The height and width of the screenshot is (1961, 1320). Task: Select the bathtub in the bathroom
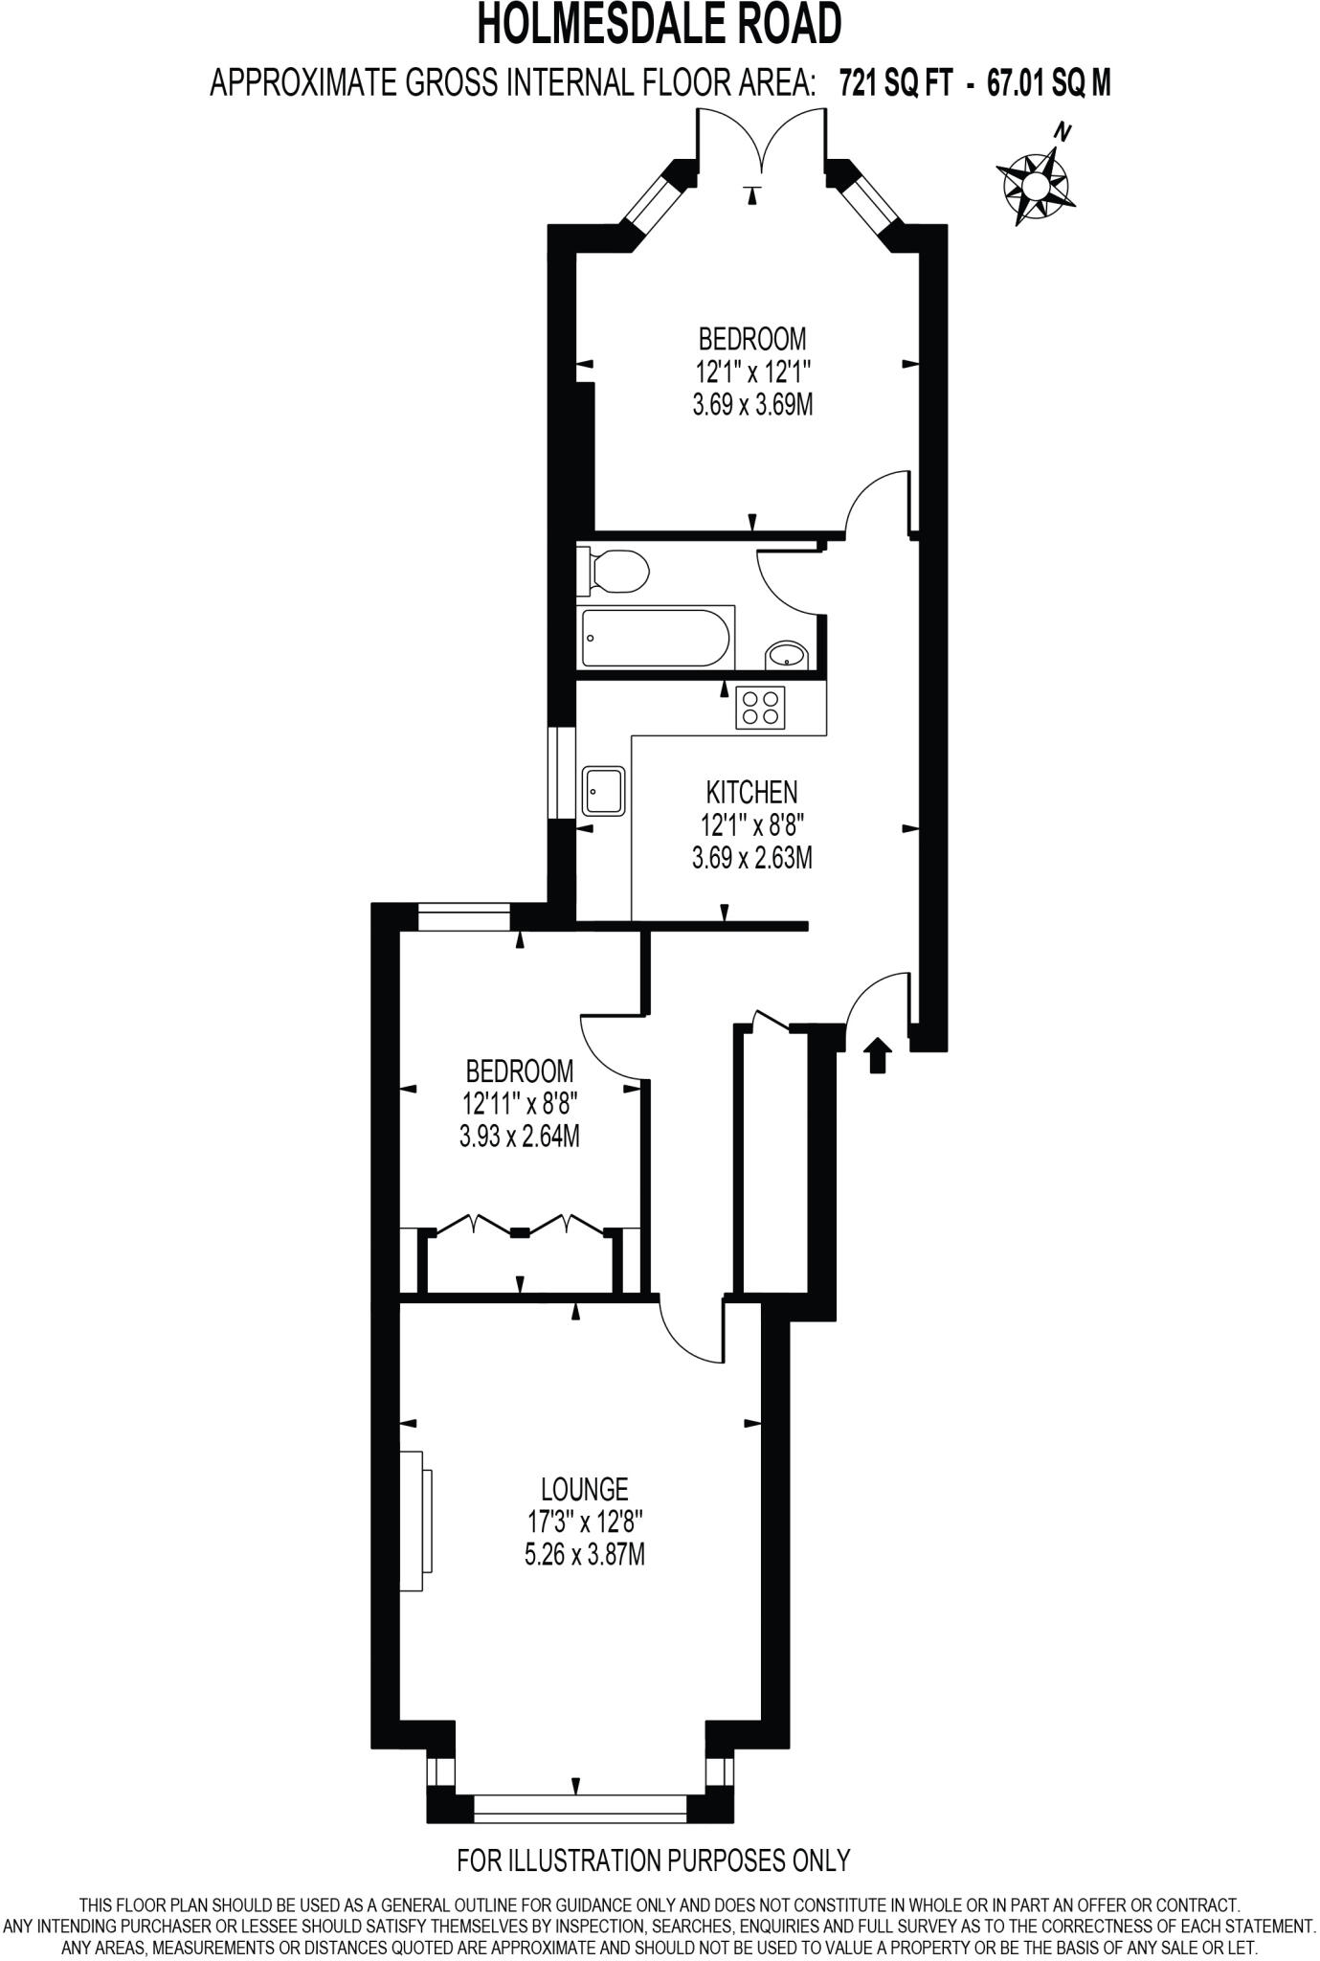[x=657, y=637]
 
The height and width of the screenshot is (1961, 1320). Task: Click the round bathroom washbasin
[x=787, y=656]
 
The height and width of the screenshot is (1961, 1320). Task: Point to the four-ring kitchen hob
[x=760, y=708]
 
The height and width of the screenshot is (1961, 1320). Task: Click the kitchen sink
[x=603, y=791]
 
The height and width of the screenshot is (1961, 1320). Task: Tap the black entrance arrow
[x=878, y=1056]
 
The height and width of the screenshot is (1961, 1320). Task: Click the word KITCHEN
[x=751, y=792]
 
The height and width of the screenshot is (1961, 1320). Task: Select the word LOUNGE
[x=584, y=1489]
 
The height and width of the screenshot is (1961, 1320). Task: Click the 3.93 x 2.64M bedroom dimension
[x=520, y=1137]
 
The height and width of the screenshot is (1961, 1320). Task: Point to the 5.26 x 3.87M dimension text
[x=584, y=1554]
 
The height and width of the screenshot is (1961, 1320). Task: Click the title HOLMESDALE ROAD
[x=660, y=26]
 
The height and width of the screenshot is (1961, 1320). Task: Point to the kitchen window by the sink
[x=561, y=773]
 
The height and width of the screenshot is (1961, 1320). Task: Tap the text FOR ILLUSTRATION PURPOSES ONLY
[x=653, y=1860]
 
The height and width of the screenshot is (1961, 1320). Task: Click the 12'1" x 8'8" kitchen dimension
[x=751, y=824]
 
